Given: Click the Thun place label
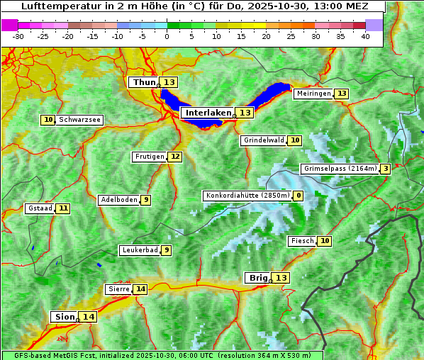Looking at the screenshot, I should (x=144, y=83).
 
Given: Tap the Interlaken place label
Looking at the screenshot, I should (x=208, y=113).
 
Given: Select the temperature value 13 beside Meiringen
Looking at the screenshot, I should (x=342, y=94).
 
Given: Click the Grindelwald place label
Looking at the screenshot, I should (x=264, y=140).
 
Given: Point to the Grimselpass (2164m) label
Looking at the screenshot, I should (x=339, y=169).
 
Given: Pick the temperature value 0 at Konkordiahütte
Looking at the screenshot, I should (x=299, y=196).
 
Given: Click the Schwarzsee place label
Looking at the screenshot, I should (x=79, y=120).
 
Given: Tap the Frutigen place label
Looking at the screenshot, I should (x=149, y=157).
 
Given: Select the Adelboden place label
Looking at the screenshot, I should (x=118, y=200).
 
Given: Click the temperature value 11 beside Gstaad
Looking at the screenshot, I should (x=64, y=208).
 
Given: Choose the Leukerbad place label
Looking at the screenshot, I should (x=139, y=250).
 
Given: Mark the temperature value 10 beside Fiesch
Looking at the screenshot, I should (x=325, y=241).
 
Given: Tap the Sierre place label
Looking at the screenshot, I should (x=118, y=289).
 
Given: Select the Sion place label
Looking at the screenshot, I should (x=64, y=317).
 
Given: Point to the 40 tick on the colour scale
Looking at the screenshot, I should (x=365, y=36).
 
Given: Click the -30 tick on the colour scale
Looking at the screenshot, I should (x=18, y=36).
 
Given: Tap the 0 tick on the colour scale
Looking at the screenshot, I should (x=167, y=36).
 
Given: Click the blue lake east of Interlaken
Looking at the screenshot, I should (x=273, y=95).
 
